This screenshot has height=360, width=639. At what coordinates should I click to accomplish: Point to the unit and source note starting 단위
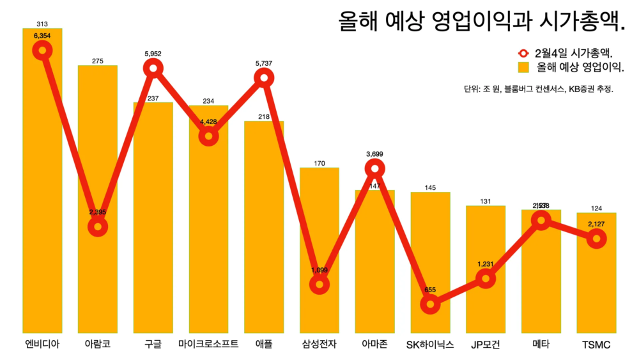(539, 90)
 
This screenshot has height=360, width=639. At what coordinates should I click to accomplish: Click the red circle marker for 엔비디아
(42, 51)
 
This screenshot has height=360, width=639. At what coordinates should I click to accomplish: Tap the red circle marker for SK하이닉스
(430, 304)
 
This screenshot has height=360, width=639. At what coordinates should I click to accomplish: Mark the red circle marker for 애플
(263, 78)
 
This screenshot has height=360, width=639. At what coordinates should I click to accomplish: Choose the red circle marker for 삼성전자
(319, 285)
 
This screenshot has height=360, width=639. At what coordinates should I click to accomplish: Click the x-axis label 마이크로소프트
(208, 345)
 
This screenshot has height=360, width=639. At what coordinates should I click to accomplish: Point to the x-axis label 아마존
(375, 345)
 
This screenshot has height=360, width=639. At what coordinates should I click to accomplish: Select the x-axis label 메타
(541, 345)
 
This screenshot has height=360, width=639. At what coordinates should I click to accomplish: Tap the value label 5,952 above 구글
(153, 54)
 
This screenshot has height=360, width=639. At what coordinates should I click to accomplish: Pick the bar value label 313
(42, 24)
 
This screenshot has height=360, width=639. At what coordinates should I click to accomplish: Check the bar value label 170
(319, 164)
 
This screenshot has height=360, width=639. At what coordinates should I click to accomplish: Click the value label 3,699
(375, 154)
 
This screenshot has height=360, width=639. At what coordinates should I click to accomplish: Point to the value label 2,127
(596, 224)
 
